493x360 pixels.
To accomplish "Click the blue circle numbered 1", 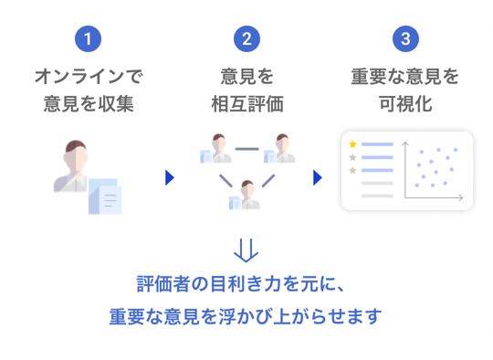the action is (x=88, y=38).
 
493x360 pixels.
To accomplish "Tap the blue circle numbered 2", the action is (x=246, y=38).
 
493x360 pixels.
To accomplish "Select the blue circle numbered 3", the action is (x=405, y=38).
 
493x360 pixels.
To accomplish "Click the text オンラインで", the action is (x=89, y=77).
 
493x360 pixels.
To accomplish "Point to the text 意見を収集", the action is (x=89, y=104).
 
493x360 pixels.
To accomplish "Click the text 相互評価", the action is (x=247, y=104).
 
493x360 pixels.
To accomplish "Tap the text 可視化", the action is (x=405, y=104).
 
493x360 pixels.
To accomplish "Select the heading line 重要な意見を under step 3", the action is (x=405, y=77).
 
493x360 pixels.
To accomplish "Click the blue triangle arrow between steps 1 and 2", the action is (x=170, y=178).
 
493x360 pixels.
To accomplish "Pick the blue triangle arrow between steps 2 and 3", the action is (x=318, y=178).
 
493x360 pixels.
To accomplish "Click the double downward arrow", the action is (x=246, y=250).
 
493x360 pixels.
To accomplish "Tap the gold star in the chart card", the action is (x=352, y=144).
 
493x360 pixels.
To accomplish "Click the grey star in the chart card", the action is (x=352, y=157).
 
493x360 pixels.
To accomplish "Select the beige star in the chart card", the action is (x=352, y=170).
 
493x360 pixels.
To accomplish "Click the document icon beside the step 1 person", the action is (x=105, y=196).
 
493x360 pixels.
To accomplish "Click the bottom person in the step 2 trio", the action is (x=245, y=195).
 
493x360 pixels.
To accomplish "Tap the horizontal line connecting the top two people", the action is (x=247, y=149).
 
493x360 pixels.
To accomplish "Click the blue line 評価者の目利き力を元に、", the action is (x=241, y=284).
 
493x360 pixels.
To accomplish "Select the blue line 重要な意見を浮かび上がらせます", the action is (x=246, y=316).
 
